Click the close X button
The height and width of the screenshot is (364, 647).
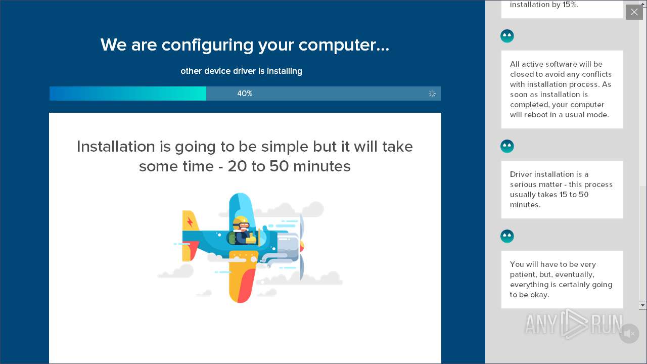coord(634,12)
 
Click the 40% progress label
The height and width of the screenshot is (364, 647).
coord(245,94)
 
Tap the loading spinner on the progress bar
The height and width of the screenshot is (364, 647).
coord(432,94)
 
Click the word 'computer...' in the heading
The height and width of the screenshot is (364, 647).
coord(344,45)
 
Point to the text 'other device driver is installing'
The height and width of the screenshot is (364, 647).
coord(241,71)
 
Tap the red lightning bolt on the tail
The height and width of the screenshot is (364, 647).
coord(190,222)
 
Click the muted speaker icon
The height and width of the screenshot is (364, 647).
coord(629,334)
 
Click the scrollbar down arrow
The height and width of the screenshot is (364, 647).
coord(642,305)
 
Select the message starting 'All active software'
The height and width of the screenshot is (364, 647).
coord(562,89)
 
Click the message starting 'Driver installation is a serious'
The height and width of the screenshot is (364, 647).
coord(562,190)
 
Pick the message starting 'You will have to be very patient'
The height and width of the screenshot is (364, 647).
coord(562,280)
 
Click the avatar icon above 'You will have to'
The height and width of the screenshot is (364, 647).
coord(507,236)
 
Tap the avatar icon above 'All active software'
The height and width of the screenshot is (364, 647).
coord(507,36)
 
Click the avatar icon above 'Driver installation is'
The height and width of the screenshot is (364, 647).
coord(507,146)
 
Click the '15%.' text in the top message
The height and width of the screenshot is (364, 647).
coord(570,5)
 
